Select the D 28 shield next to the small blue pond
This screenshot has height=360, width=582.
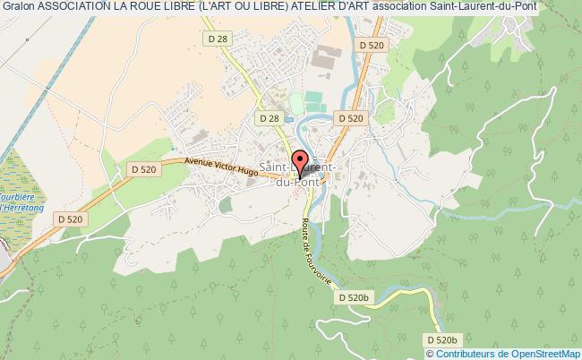click(x=268, y=117)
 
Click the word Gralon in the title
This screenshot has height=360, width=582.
click(x=19, y=7)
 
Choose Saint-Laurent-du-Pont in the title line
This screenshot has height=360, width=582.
click(x=501, y=7)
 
